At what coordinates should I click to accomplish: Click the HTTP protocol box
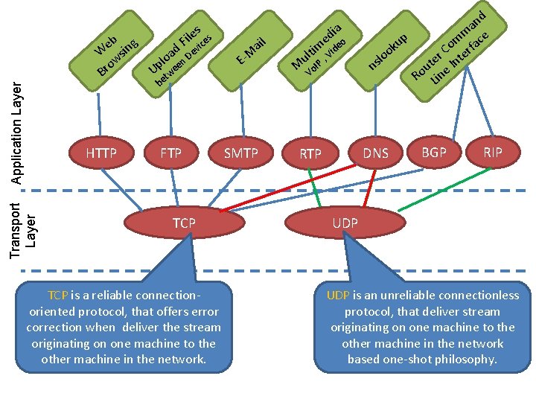click(x=102, y=154)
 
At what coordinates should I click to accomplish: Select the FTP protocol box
click(x=171, y=154)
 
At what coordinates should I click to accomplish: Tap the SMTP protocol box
click(x=241, y=154)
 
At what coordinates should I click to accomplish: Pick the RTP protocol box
click(x=310, y=154)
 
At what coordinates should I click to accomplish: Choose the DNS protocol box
click(x=375, y=153)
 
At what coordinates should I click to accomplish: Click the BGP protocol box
click(x=434, y=153)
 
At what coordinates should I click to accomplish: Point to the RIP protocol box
click(x=493, y=153)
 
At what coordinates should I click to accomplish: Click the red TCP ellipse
click(x=184, y=223)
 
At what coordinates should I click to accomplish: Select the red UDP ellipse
click(x=345, y=223)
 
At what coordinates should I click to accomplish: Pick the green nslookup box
click(x=388, y=51)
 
